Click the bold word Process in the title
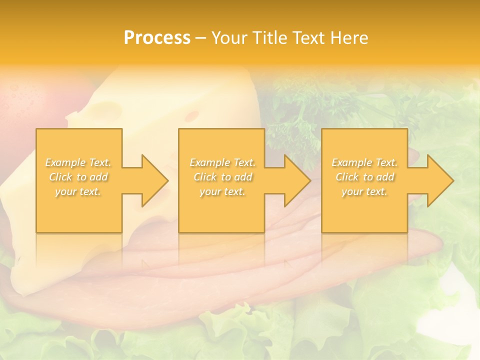tap(157, 37)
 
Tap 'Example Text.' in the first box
tap(78, 162)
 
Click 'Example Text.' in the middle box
tap(222, 162)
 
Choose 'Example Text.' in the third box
tap(364, 162)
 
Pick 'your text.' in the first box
tap(78, 191)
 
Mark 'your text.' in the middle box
tap(222, 191)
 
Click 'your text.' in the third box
tap(364, 191)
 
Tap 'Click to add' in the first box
tap(78, 177)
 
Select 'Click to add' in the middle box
tap(222, 177)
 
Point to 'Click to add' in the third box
tap(364, 177)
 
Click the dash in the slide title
tap(201, 38)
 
